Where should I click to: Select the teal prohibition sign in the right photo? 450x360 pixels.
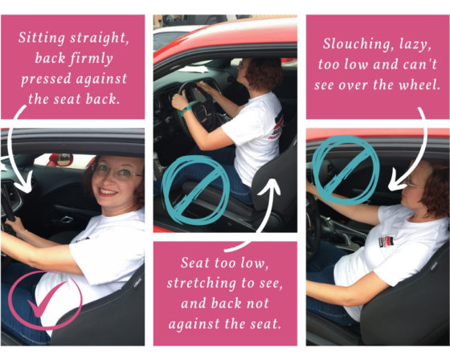pyautogui.click(x=346, y=171)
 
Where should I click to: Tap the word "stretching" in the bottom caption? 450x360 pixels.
pyautogui.click(x=201, y=284)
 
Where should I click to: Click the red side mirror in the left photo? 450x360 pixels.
pyautogui.click(x=61, y=160)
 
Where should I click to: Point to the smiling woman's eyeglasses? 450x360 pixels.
pyautogui.click(x=117, y=172)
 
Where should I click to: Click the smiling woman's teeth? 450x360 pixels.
pyautogui.click(x=106, y=191)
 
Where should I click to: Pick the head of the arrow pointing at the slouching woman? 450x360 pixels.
pyautogui.click(x=399, y=184)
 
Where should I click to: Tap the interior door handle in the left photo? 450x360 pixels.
pyautogui.click(x=66, y=219)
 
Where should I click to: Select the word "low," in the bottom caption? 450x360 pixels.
pyautogui.click(x=256, y=263)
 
